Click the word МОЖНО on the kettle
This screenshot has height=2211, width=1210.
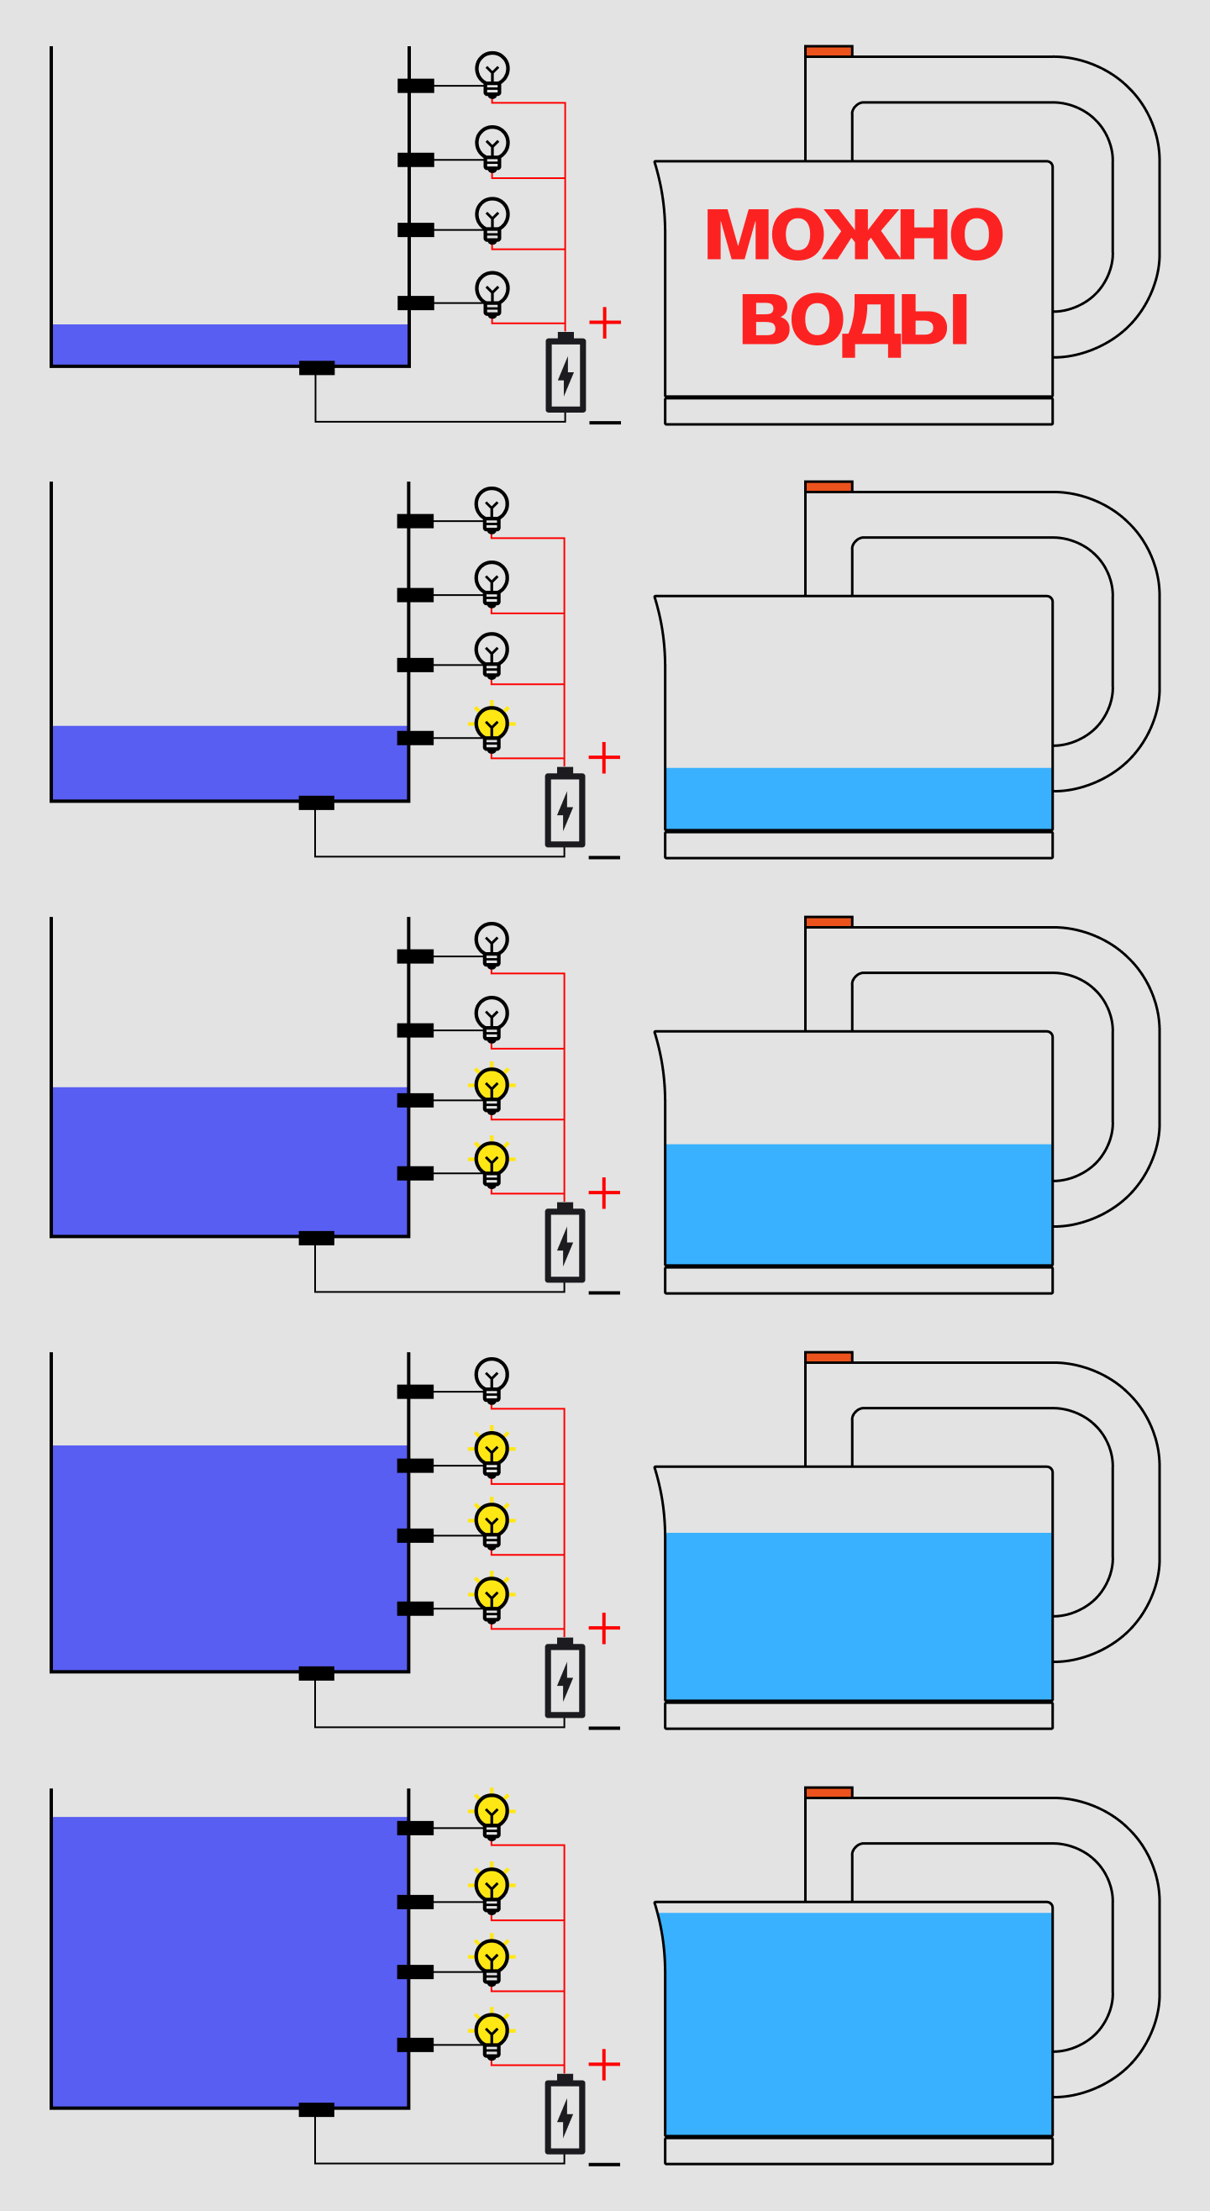pos(853,234)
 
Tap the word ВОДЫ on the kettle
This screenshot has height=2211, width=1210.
pos(854,320)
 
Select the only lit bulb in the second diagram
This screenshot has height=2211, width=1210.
pos(492,724)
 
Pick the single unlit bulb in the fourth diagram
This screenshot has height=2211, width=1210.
pos(492,1375)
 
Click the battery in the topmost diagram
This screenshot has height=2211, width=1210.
pos(566,375)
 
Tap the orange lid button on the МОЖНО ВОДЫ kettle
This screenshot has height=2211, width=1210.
pos(829,51)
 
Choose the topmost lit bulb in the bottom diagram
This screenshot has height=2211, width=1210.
pos(492,1812)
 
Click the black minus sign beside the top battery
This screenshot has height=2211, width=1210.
pos(605,423)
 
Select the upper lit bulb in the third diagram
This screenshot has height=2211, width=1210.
pos(492,1087)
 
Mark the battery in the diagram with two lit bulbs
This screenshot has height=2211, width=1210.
pos(565,1245)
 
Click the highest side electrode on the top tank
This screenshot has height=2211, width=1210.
pos(415,86)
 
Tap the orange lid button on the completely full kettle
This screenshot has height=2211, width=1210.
pos(829,1792)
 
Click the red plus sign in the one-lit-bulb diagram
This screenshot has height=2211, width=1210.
pos(604,758)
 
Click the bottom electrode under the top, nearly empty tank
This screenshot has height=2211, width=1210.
pos(317,368)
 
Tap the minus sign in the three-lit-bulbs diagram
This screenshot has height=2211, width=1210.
pos(604,1728)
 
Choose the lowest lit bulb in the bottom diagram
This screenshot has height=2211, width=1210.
pos(492,2032)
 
